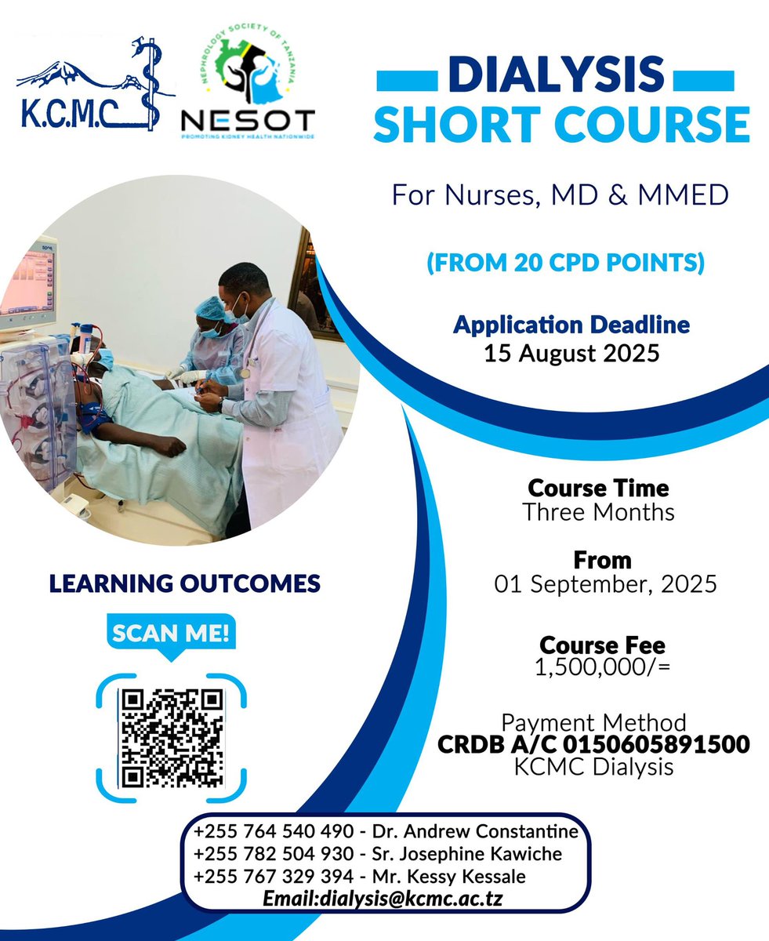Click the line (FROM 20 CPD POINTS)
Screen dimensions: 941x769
(564, 263)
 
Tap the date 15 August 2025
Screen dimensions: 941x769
(571, 353)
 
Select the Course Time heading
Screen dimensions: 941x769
(598, 488)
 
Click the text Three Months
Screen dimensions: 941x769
(598, 513)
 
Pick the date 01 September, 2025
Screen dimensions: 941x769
(605, 584)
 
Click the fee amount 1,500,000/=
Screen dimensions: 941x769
(602, 669)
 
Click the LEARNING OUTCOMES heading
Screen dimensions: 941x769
(185, 583)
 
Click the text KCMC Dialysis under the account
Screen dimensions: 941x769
(594, 766)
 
